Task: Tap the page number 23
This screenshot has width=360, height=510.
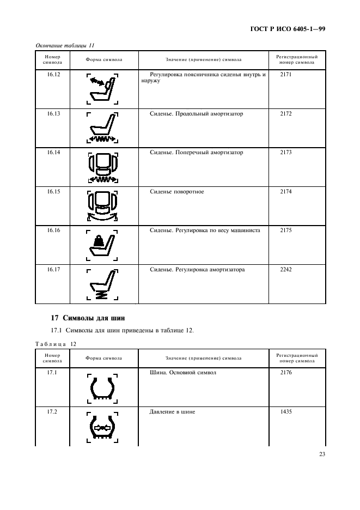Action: (x=321, y=454)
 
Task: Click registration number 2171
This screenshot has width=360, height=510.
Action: (x=286, y=75)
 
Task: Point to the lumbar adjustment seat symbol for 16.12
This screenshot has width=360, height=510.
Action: (x=103, y=89)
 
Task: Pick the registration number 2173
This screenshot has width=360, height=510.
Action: (x=286, y=153)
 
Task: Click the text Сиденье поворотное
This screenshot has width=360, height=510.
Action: (x=177, y=192)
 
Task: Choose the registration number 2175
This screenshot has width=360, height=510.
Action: (x=286, y=230)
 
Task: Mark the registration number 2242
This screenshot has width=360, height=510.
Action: (x=286, y=270)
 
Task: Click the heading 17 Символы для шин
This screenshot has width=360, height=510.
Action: (x=84, y=318)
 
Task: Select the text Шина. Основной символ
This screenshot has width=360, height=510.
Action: (x=183, y=373)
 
